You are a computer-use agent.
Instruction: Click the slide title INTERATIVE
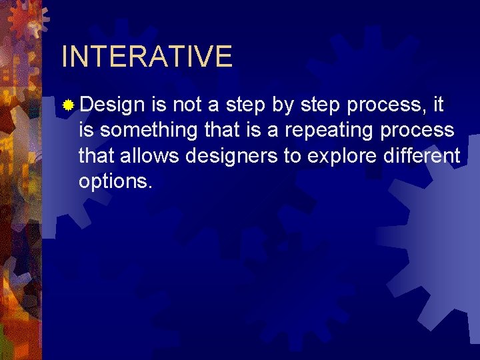click(x=147, y=57)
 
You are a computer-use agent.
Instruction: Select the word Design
click(x=112, y=106)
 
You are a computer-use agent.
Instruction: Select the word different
click(x=425, y=155)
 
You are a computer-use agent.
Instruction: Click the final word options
click(x=115, y=181)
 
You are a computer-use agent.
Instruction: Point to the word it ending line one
click(x=438, y=105)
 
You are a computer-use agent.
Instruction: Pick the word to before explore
click(x=306, y=156)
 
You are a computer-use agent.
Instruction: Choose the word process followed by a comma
click(x=391, y=106)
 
